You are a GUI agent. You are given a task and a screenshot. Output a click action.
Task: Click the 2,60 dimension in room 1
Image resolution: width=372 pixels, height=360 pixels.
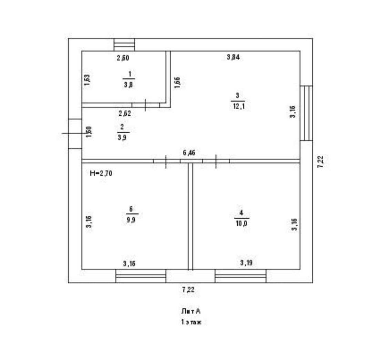coord(123,58)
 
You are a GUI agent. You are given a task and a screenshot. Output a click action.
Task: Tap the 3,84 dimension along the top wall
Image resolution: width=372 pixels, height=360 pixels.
coord(233,58)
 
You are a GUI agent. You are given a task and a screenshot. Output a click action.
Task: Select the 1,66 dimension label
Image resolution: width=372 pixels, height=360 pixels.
coord(177,83)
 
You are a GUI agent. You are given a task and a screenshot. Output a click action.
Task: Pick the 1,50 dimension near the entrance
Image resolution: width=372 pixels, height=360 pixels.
coord(89,132)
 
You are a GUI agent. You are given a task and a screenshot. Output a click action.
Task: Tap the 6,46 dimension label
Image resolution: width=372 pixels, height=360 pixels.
coord(189,153)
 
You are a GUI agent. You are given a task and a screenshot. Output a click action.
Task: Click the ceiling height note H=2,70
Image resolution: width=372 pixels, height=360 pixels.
coord(101,174)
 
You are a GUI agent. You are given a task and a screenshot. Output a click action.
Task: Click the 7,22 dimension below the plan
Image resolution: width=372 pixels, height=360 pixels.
coord(188,290)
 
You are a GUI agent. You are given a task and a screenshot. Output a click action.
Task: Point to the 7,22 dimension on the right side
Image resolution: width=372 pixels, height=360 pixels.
coord(320,162)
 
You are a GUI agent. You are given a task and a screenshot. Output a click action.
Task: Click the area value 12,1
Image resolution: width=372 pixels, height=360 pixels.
coord(238,106)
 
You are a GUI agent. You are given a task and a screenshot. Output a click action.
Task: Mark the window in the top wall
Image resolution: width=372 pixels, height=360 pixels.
coord(124,45)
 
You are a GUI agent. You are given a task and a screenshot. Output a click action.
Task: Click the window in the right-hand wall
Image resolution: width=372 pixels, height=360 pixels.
coord(306,113)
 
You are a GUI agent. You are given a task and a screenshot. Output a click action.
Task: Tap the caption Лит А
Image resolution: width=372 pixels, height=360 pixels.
coord(191,311)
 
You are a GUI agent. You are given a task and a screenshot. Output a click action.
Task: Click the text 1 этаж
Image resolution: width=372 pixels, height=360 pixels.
coord(191,322)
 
